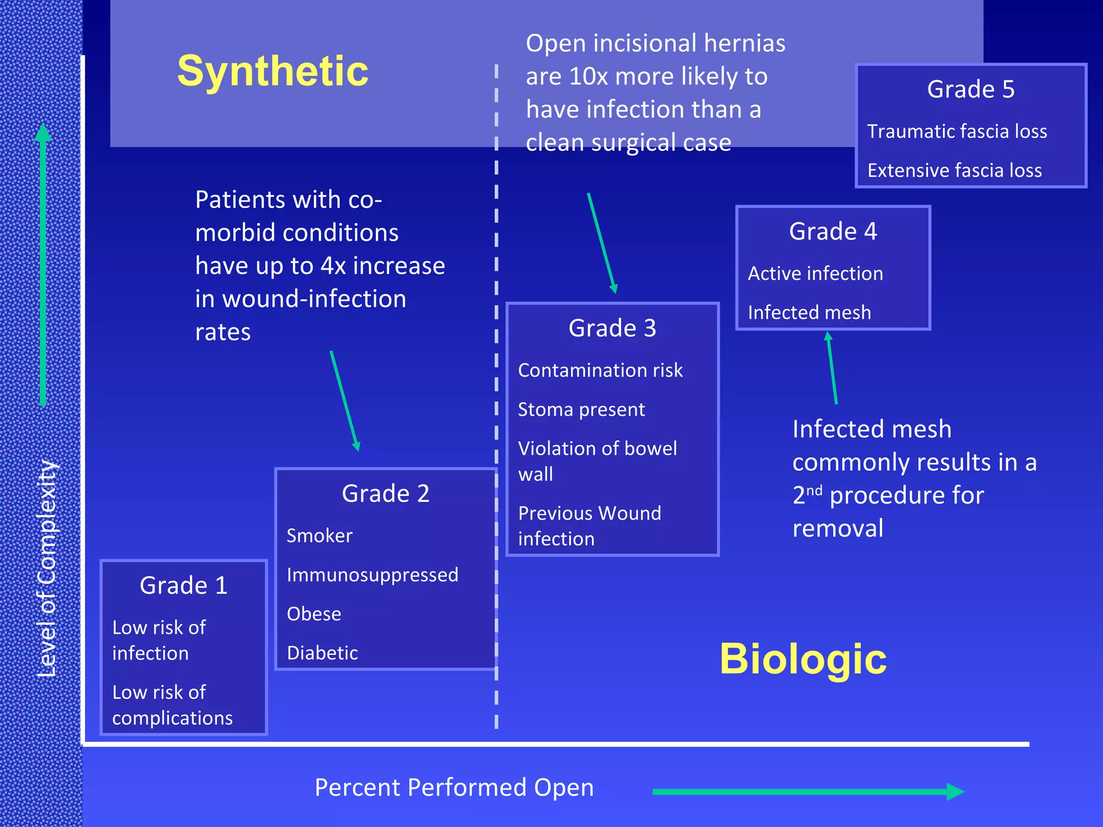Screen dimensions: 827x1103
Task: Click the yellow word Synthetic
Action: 273,71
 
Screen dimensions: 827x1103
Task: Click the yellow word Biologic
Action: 802,659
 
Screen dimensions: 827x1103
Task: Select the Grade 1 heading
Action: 183,586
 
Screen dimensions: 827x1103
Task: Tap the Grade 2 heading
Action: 386,494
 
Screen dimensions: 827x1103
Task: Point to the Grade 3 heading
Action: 612,328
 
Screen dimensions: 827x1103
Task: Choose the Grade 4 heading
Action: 833,232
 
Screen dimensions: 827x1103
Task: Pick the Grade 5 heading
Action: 971,89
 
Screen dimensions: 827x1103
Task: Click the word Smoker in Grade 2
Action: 319,536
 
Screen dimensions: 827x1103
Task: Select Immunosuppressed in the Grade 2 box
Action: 372,575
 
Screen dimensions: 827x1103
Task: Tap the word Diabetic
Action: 322,653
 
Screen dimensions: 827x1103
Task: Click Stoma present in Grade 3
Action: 581,410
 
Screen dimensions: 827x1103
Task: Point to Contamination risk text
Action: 600,370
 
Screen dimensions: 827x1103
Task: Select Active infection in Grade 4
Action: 815,274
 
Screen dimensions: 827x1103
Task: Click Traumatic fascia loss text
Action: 957,131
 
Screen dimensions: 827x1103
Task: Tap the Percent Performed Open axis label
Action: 454,788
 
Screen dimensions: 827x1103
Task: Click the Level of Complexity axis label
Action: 47,568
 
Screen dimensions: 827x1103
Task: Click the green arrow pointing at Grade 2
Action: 345,401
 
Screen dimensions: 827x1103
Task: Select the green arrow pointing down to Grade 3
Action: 602,243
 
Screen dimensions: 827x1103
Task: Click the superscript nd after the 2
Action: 814,490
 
